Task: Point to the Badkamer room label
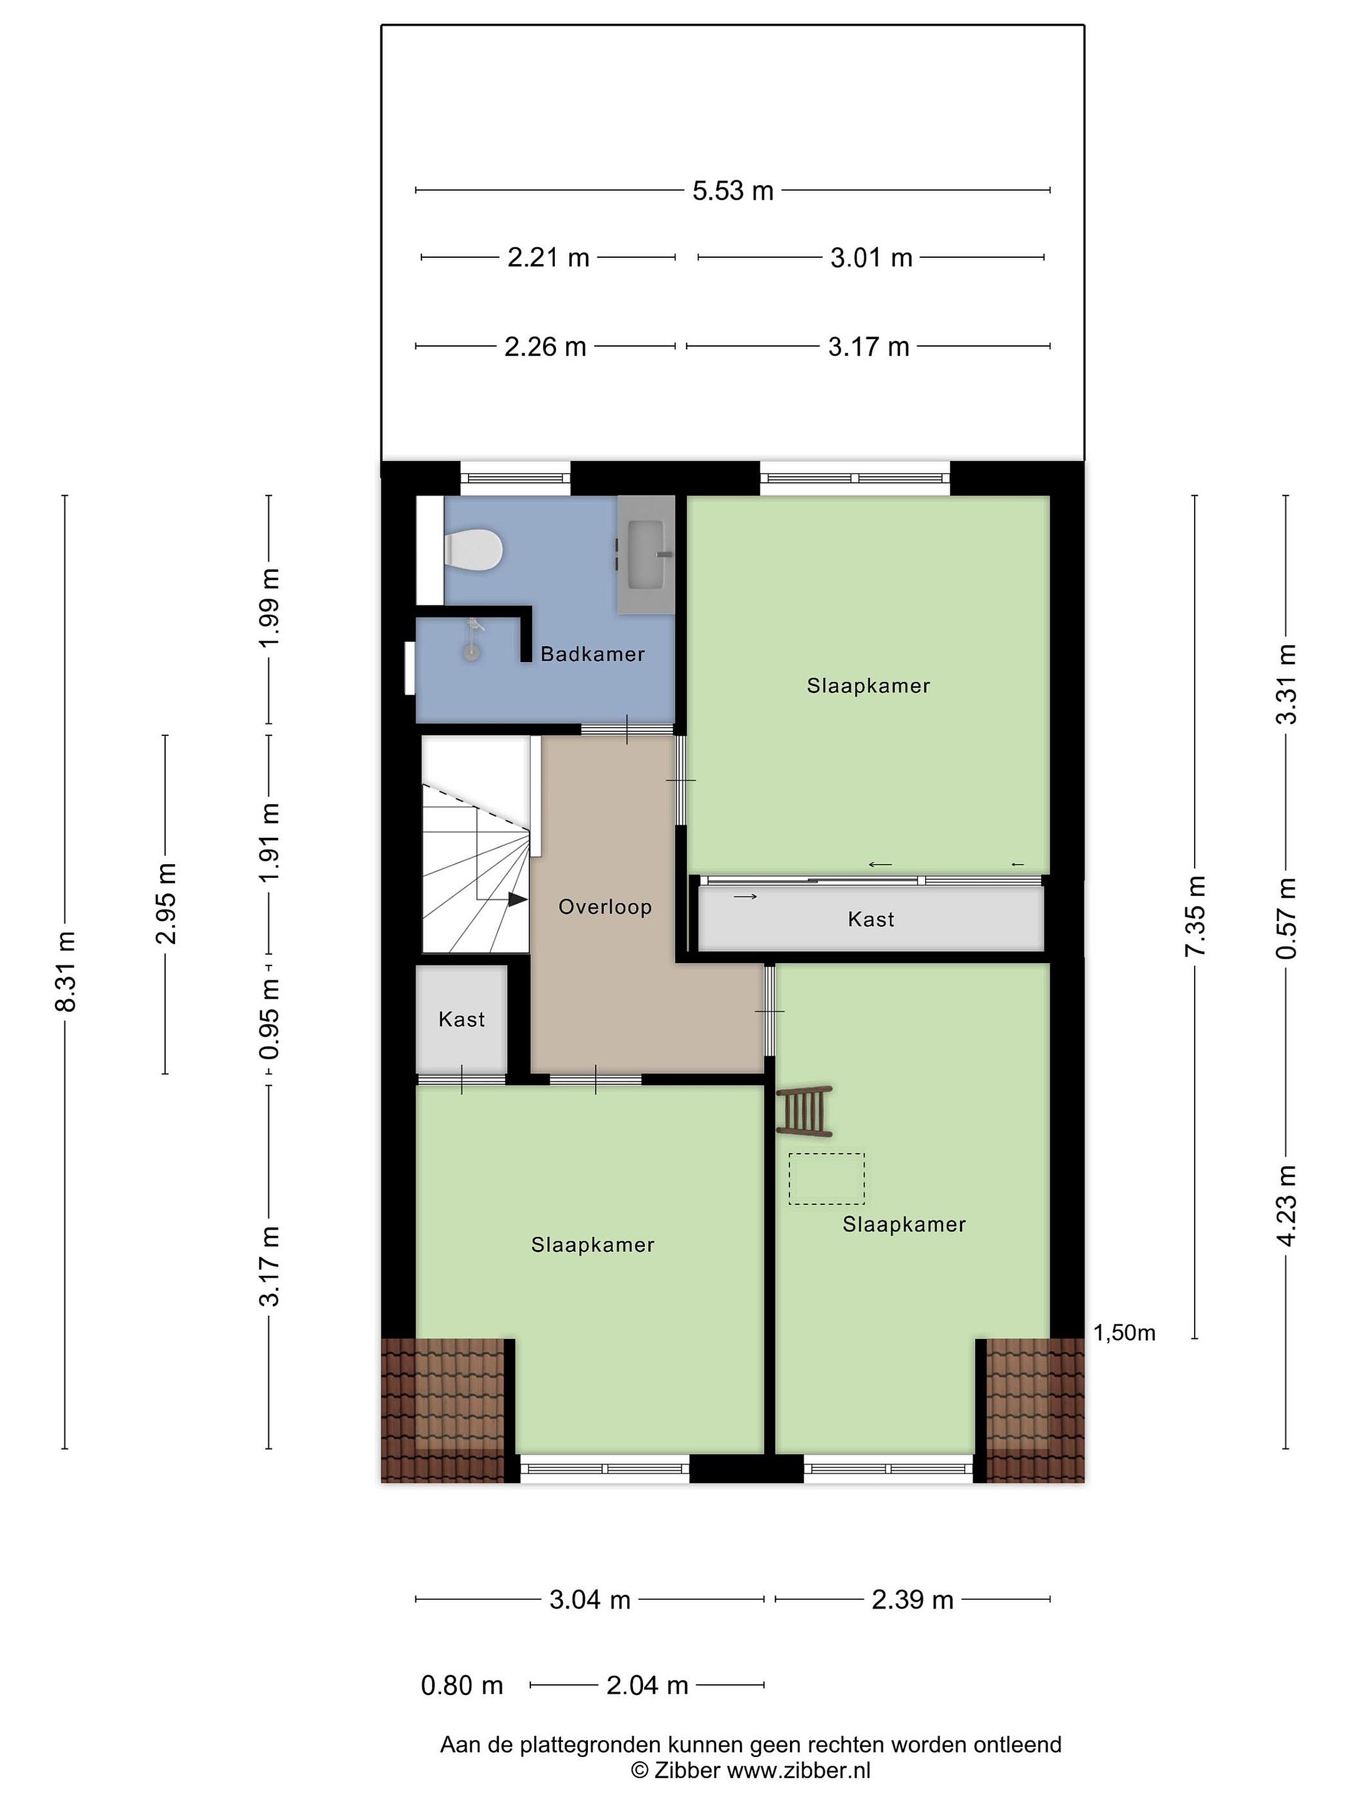(x=593, y=653)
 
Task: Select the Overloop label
(x=605, y=907)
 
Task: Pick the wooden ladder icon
(x=804, y=1111)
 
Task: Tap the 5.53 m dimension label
(x=733, y=191)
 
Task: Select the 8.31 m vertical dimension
(x=66, y=971)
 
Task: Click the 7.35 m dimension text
(x=1195, y=917)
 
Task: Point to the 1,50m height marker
(x=1124, y=1333)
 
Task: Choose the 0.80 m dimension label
(x=462, y=1685)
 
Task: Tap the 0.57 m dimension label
(x=1287, y=918)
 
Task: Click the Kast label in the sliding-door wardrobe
(x=871, y=920)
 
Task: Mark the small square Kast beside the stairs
(x=462, y=1019)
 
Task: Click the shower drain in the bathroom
(x=471, y=652)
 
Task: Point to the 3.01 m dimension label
(x=871, y=258)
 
